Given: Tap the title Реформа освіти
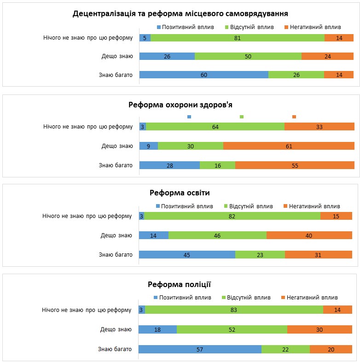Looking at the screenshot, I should (179, 193).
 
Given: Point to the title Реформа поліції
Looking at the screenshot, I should (179, 284).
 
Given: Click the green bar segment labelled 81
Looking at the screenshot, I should (237, 38).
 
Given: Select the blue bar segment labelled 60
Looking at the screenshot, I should (203, 75).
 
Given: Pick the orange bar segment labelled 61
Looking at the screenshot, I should (289, 146).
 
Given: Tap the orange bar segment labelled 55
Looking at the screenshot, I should (295, 165).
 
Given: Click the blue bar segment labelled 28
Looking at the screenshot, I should (169, 165).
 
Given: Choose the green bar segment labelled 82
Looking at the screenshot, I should (232, 216).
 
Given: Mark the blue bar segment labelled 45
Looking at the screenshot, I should (187, 254).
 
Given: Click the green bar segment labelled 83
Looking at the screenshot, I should (234, 310).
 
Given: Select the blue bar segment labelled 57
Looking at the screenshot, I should (200, 349).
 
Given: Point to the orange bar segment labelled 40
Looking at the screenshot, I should (309, 235).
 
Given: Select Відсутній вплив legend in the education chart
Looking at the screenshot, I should (248, 206).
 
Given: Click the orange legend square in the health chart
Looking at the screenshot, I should (294, 117).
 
